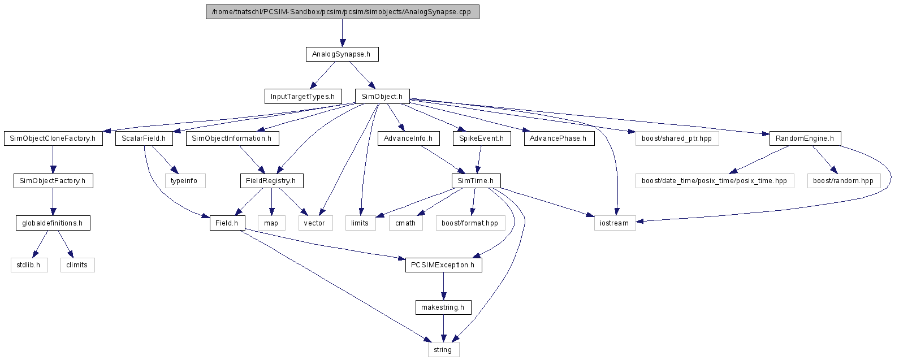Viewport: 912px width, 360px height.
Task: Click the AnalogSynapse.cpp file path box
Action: [343, 12]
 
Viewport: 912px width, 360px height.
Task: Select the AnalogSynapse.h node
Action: [342, 54]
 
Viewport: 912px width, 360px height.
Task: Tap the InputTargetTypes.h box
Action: [303, 97]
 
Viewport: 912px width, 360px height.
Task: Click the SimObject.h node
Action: [382, 97]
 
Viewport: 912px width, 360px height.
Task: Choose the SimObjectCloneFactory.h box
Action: [53, 138]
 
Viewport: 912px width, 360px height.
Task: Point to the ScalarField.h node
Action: [144, 138]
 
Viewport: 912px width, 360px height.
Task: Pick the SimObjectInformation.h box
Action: [232, 138]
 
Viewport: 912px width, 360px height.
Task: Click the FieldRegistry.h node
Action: [271, 181]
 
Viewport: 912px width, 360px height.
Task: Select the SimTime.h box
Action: [476, 181]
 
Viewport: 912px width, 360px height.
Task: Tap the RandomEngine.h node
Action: [805, 138]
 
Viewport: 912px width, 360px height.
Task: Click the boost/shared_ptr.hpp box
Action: [677, 138]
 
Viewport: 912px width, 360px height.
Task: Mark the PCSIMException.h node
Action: [443, 265]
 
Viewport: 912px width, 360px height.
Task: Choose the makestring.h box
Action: [443, 307]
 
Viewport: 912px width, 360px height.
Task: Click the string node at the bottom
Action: [443, 349]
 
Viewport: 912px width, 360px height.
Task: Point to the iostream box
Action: [615, 223]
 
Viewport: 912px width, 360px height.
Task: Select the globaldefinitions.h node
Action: [53, 223]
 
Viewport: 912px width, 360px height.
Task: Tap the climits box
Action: [77, 265]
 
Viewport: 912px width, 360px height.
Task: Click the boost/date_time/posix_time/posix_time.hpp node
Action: [715, 181]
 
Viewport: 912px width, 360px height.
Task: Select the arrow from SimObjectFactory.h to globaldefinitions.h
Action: [53, 202]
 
